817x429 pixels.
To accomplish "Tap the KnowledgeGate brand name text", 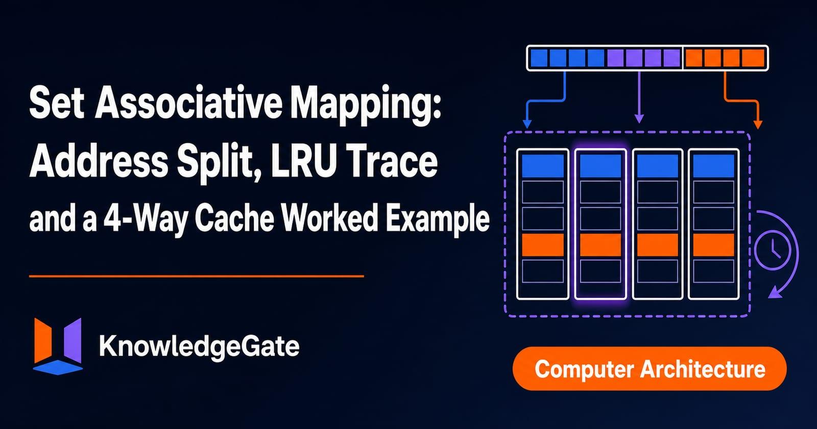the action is pyautogui.click(x=199, y=346).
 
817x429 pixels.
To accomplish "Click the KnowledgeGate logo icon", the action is pyautogui.click(x=58, y=346).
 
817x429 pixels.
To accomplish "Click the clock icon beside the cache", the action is pyautogui.click(x=772, y=251).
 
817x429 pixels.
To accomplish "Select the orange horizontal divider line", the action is pyautogui.click(x=197, y=276).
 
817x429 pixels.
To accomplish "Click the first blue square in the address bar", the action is pyautogui.click(x=539, y=58).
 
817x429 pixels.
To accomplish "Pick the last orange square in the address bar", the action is pyautogui.click(x=753, y=58).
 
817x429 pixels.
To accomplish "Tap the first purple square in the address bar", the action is pyautogui.click(x=616, y=58).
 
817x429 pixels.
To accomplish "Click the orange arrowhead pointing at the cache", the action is pyautogui.click(x=758, y=125).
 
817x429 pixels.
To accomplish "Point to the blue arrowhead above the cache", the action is pyautogui.click(x=526, y=124).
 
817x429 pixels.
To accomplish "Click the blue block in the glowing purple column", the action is pyautogui.click(x=600, y=166).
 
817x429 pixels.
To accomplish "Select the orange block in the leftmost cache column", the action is pyautogui.click(x=543, y=245).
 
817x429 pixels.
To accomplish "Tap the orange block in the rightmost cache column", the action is pyautogui.click(x=713, y=245).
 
